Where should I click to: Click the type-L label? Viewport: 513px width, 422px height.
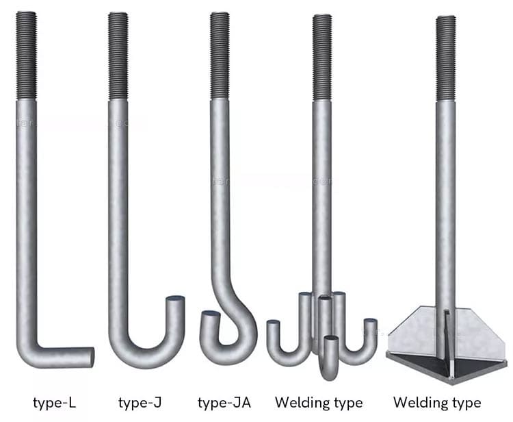[54, 402]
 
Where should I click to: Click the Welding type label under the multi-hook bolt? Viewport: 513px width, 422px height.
[319, 402]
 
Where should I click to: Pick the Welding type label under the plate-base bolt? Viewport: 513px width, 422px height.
[437, 402]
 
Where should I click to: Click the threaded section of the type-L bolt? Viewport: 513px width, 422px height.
[26, 55]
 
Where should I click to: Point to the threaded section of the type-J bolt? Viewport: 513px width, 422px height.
[118, 55]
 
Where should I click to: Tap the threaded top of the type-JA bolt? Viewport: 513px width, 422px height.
[220, 55]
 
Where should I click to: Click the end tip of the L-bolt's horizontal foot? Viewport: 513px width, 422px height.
[90, 356]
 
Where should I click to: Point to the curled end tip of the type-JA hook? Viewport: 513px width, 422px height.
[209, 316]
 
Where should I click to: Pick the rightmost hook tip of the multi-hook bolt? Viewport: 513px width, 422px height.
[370, 323]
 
